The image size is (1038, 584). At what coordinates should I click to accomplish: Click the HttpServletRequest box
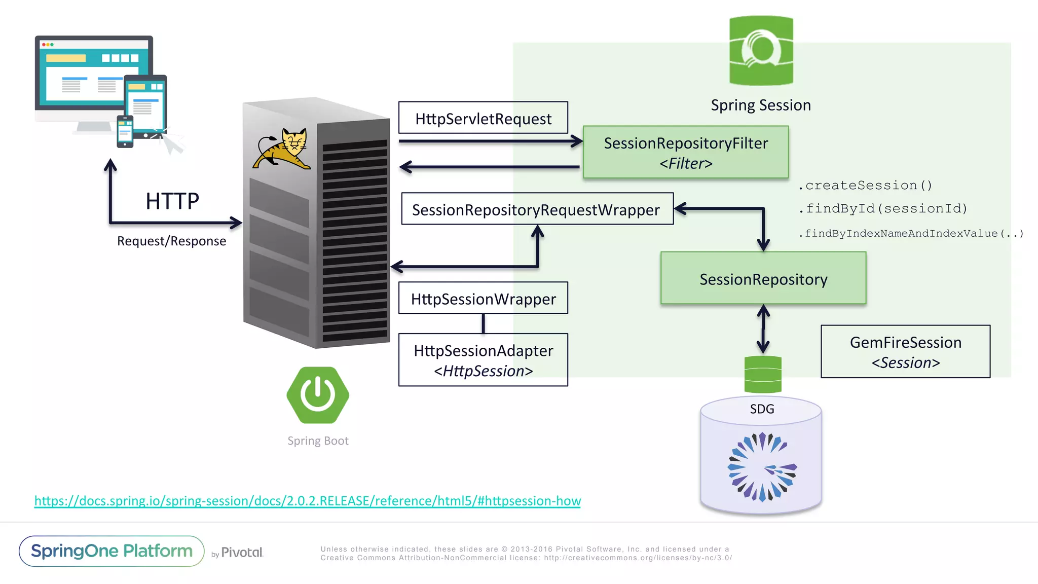pyautogui.click(x=483, y=118)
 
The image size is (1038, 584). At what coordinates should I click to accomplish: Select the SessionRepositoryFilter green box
pyautogui.click(x=686, y=152)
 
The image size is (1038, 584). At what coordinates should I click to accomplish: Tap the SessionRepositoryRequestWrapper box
pyautogui.click(x=537, y=209)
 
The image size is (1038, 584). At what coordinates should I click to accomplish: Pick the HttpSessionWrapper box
pyautogui.click(x=483, y=298)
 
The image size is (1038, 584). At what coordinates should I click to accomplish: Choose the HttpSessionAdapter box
pyautogui.click(x=483, y=360)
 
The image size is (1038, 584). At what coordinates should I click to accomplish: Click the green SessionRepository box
pyautogui.click(x=763, y=278)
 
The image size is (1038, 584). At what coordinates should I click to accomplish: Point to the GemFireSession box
pyautogui.click(x=905, y=352)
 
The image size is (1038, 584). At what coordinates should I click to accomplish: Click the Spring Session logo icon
pyautogui.click(x=761, y=51)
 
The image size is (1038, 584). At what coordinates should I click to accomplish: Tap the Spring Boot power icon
pyautogui.click(x=318, y=395)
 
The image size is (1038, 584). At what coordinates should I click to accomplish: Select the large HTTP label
pyautogui.click(x=172, y=201)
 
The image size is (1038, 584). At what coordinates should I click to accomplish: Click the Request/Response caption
pyautogui.click(x=171, y=241)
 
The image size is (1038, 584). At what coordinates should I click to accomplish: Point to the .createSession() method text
pyautogui.click(x=865, y=186)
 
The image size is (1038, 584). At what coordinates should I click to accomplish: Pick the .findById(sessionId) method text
pyautogui.click(x=883, y=208)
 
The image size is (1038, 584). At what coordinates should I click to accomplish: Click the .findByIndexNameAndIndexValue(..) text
pyautogui.click(x=911, y=233)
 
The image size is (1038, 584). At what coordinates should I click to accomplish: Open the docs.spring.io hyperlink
pyautogui.click(x=307, y=501)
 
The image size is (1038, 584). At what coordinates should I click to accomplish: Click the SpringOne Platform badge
pyautogui.click(x=112, y=551)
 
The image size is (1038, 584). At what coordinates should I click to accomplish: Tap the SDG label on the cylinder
pyautogui.click(x=762, y=409)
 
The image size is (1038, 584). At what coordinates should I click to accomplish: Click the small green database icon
pyautogui.click(x=763, y=374)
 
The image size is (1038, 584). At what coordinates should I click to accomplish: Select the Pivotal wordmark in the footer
pyautogui.click(x=242, y=552)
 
